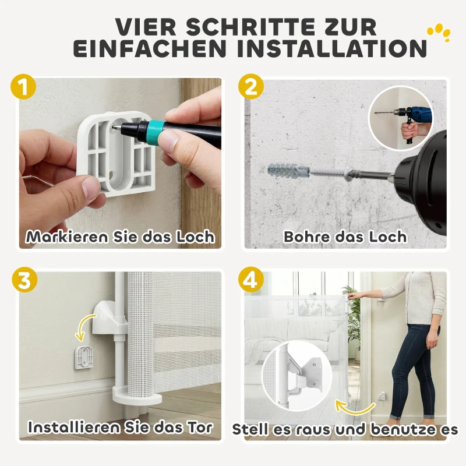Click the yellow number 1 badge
23,89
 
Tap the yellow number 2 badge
251,89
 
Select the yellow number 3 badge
24,279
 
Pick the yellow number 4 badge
251,280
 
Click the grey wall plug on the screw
285,171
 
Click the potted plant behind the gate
353,315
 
